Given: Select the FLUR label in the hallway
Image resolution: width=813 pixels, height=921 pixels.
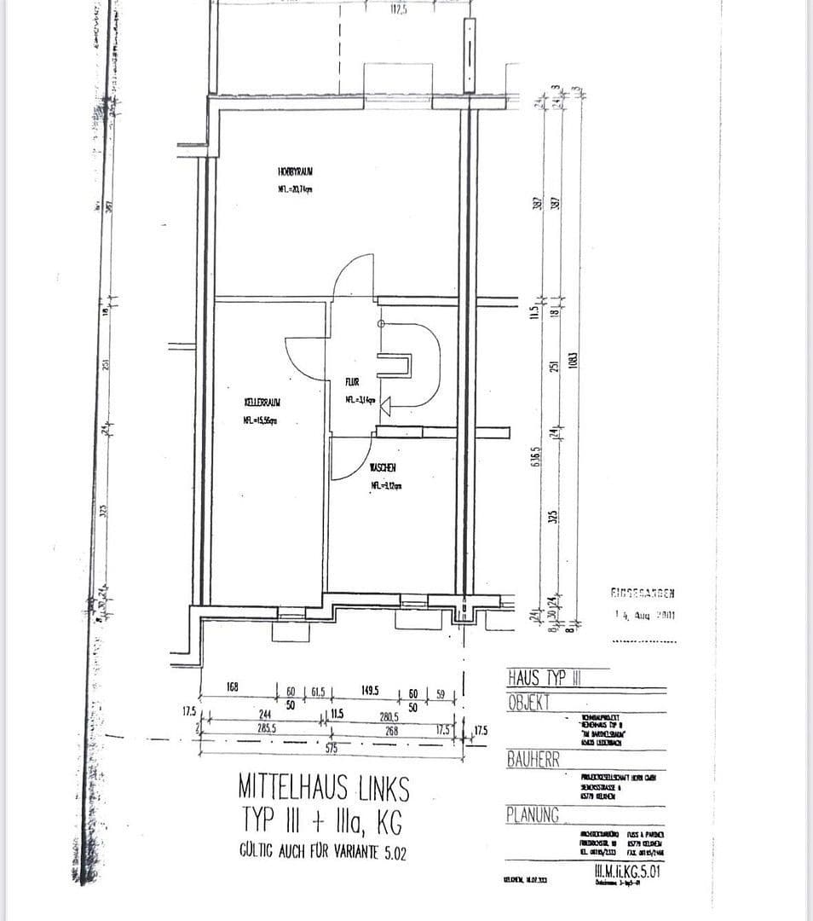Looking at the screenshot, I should click(354, 383).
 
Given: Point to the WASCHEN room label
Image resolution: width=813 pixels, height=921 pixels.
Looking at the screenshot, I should click(383, 467).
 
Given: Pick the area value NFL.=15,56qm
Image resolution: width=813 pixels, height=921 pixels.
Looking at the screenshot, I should click(261, 420).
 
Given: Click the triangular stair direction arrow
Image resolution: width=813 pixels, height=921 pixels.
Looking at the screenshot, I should click(384, 408).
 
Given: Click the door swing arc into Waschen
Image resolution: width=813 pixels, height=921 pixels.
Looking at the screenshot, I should click(348, 460).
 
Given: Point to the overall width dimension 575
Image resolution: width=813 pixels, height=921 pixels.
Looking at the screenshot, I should click(332, 748).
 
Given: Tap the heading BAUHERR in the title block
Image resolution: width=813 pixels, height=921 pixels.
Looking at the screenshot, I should click(533, 758).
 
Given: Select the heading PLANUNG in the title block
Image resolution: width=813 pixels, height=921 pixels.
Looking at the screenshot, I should click(533, 815).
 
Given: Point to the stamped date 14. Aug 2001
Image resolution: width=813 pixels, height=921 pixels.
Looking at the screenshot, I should click(644, 614).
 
